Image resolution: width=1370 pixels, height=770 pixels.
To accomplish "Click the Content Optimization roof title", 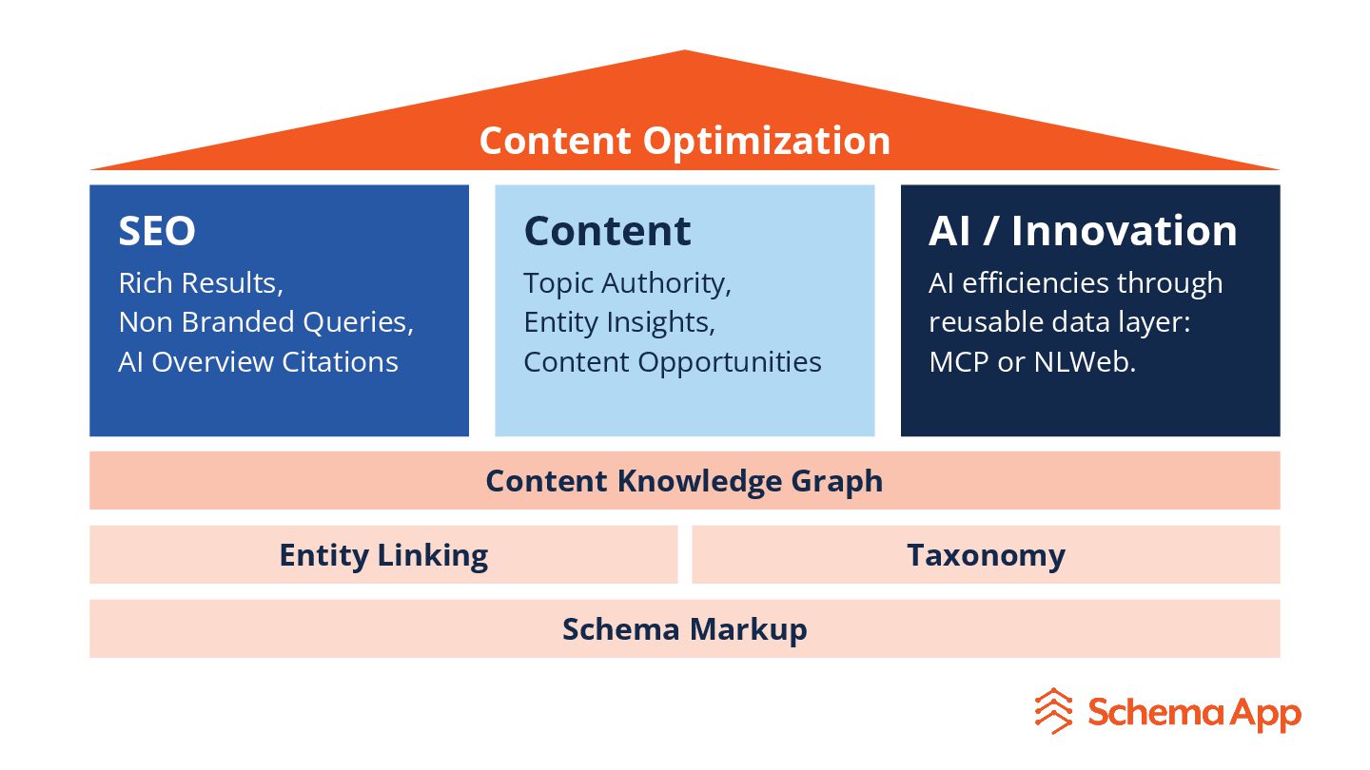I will pos(684,141).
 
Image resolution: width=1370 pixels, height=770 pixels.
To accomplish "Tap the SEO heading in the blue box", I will pos(157,231).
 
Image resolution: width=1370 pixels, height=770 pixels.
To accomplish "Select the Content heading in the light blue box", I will pos(607,231).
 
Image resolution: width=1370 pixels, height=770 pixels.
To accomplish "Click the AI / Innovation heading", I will pos(1083,231).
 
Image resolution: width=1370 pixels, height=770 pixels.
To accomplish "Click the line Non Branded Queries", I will pos(265,322).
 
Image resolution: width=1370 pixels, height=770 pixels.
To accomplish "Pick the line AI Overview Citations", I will pos(258,362).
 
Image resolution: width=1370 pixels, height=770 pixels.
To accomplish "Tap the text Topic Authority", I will pos(627,283).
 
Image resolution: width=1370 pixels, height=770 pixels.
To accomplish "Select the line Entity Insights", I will pos(618,322).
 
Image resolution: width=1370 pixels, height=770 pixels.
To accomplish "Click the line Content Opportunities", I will pos(672,362).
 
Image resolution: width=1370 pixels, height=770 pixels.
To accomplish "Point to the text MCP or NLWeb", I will pos(1032,362).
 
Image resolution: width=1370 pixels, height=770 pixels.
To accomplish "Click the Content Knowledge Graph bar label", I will pos(684,481).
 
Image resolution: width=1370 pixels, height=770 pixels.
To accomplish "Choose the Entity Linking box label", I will pos(383,555).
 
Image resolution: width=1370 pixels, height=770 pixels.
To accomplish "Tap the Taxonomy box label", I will pos(986,555).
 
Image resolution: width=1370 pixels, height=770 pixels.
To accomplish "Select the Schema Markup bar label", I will pos(684,629).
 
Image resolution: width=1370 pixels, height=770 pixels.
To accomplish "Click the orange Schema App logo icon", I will pos(1054,711).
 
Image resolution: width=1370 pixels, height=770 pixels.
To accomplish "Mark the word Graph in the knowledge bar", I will pos(838,482).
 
